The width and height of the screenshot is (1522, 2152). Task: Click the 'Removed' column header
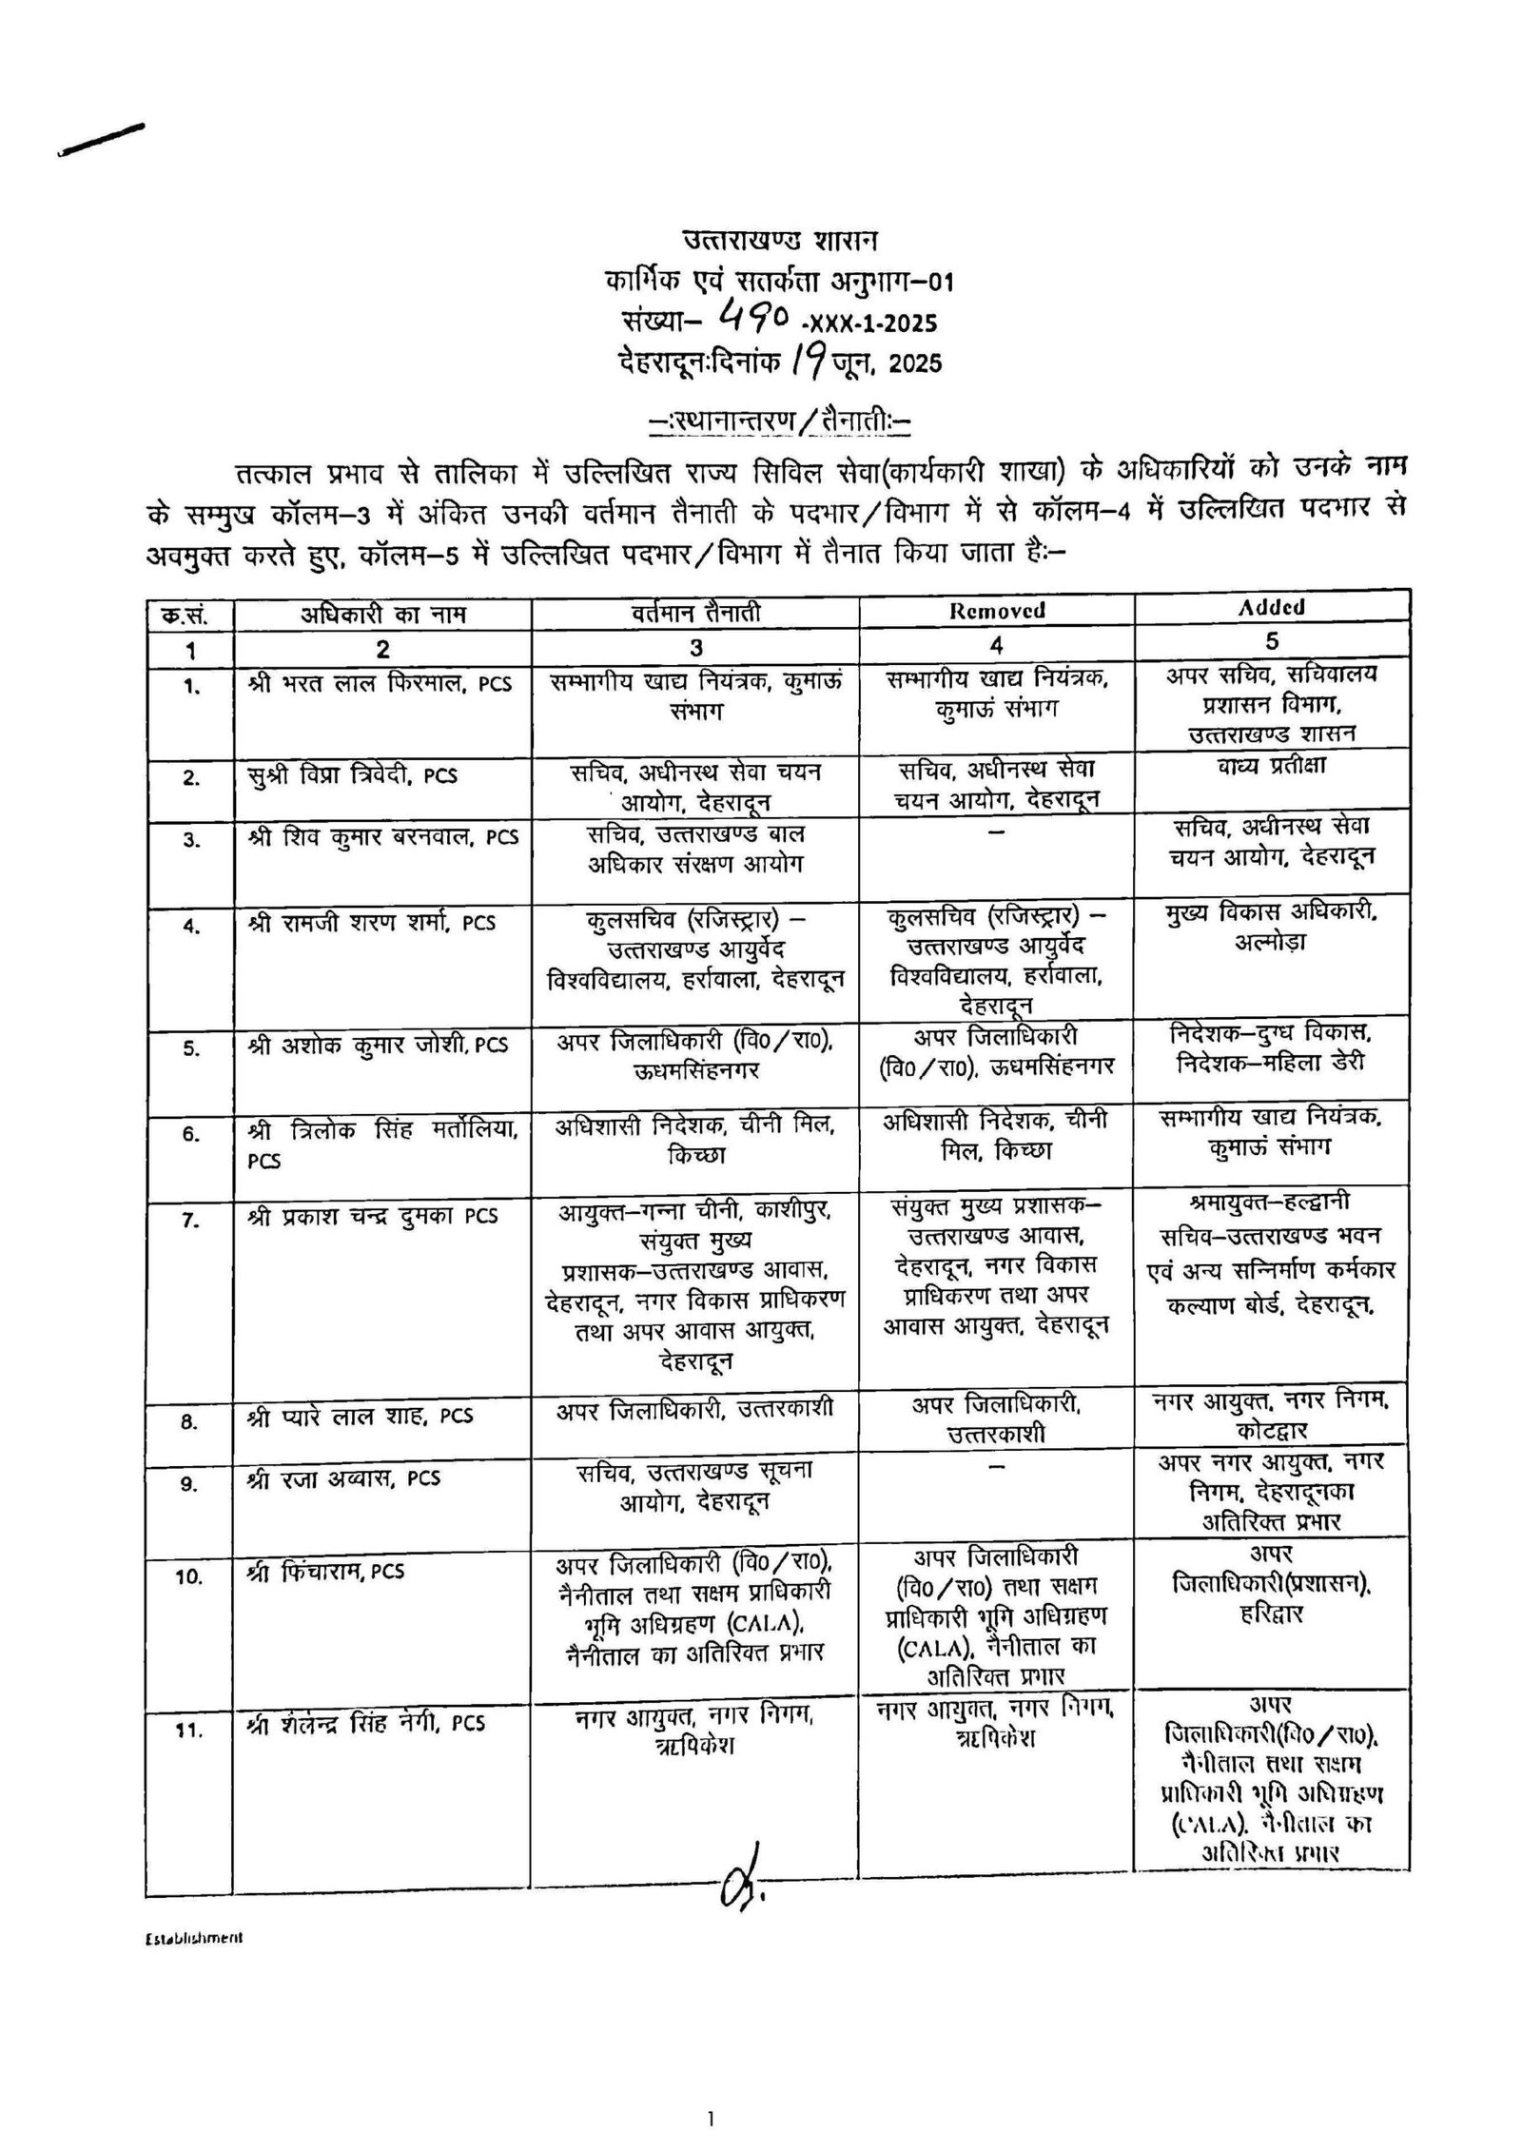pyautogui.click(x=996, y=611)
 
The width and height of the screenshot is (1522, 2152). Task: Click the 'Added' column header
pyautogui.click(x=1272, y=607)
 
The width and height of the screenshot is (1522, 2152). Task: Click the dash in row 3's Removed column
pyautogui.click(x=996, y=831)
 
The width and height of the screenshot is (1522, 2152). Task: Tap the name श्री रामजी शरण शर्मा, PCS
pyautogui.click(x=371, y=922)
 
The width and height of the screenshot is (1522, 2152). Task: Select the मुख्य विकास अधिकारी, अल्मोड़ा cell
pyautogui.click(x=1272, y=926)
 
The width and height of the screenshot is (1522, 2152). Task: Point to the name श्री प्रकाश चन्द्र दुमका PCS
pyautogui.click(x=372, y=1216)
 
